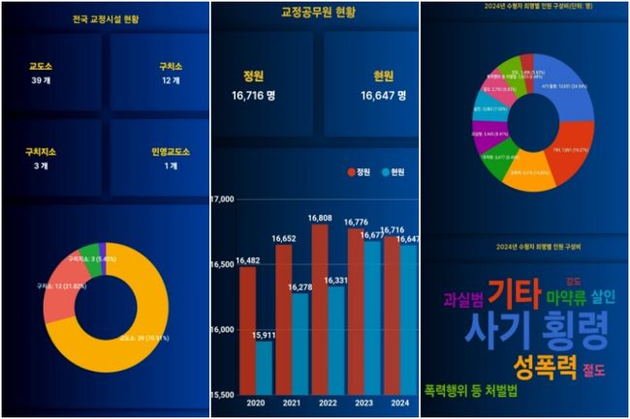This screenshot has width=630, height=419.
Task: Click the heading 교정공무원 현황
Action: click(315, 13)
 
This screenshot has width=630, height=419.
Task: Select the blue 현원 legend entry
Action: click(393, 172)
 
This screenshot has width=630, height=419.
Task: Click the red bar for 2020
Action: click(247, 329)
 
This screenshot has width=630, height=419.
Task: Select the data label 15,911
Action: click(264, 335)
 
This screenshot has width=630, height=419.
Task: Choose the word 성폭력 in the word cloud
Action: click(545, 367)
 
